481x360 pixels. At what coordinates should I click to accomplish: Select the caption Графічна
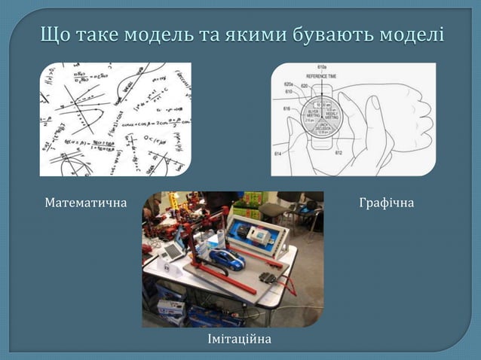[386, 203]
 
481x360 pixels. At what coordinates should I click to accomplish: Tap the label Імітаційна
[240, 340]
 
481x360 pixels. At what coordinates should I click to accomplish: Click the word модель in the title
[157, 35]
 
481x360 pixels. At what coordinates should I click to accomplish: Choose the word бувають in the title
[332, 35]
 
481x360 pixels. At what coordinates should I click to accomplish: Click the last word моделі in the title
[412, 35]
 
